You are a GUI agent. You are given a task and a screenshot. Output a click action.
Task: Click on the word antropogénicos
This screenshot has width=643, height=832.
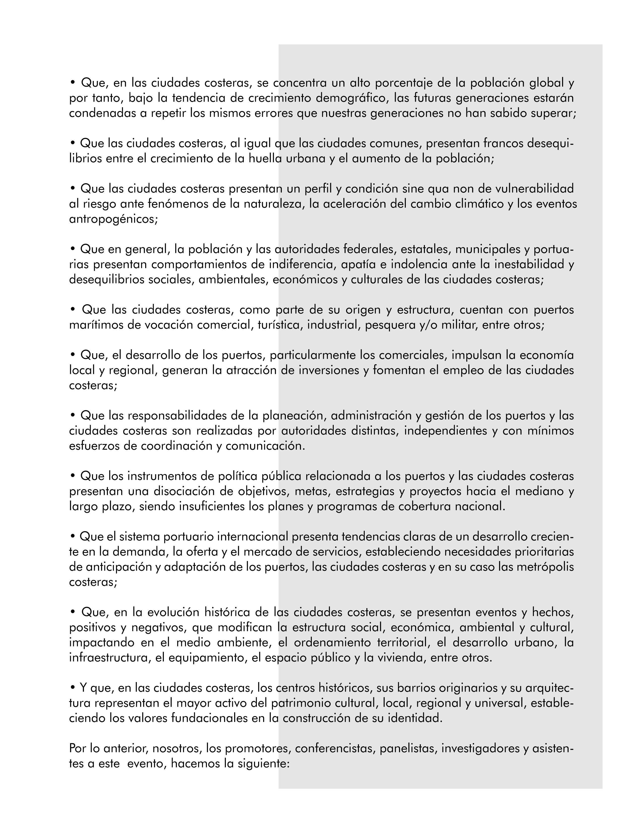point(113,219)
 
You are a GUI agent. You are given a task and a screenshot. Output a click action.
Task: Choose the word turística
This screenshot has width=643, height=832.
point(279,325)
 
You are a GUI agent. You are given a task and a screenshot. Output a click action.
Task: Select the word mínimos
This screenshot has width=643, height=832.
point(550,431)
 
